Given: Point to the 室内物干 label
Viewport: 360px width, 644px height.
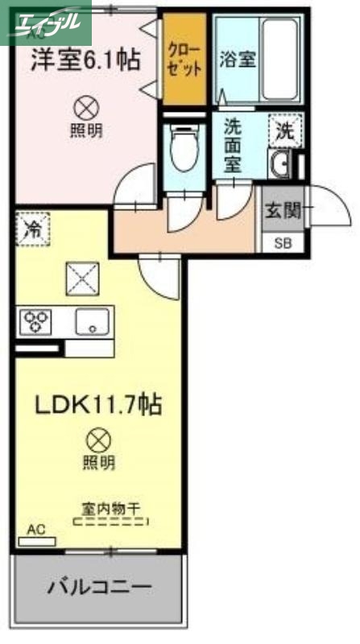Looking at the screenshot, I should point(110,508).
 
